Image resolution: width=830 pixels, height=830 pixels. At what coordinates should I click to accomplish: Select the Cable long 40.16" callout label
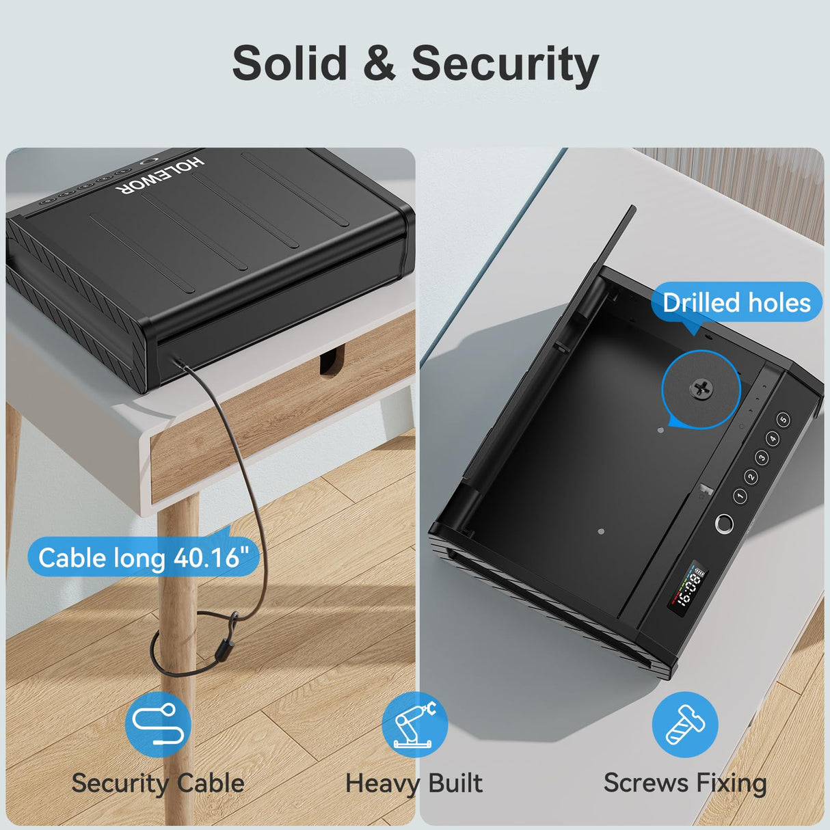tap(143, 558)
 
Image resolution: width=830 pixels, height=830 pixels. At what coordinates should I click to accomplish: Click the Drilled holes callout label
tap(736, 303)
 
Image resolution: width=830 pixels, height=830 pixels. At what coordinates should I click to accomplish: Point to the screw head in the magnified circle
tap(701, 389)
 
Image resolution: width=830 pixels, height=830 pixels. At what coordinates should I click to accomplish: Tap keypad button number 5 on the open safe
tap(784, 419)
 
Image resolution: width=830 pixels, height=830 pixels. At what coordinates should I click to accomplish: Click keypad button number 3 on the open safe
tap(761, 457)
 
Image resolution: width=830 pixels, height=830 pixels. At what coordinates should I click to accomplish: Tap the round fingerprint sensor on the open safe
tap(723, 524)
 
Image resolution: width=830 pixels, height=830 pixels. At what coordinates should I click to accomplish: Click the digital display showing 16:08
tap(686, 589)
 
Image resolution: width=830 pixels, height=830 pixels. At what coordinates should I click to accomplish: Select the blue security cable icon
tap(158, 725)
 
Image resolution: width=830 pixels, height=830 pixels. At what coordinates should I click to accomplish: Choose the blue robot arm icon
tap(414, 725)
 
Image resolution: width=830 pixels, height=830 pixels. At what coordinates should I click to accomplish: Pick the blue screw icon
tap(684, 725)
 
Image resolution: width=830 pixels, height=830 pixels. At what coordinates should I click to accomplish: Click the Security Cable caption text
tap(158, 783)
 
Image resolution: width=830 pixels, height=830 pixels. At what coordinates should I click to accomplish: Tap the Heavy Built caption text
tap(414, 783)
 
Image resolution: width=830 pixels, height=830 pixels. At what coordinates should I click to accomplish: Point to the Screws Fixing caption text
tap(685, 783)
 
